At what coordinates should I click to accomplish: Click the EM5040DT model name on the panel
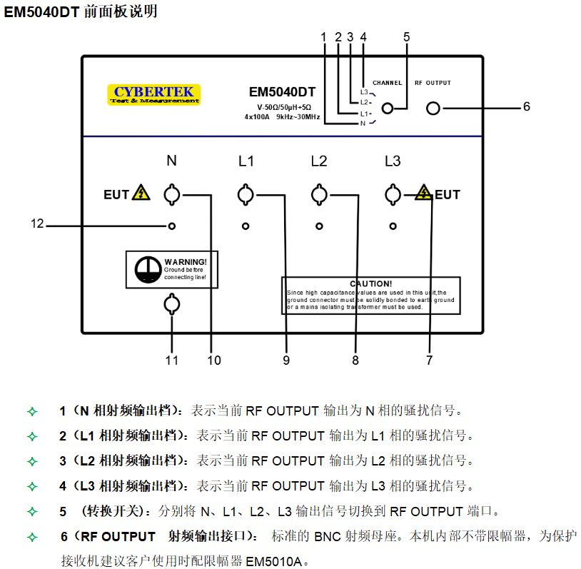282,92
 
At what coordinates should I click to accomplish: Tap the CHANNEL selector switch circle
388,109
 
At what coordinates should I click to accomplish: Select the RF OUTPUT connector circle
433,109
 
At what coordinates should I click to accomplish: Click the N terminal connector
171,194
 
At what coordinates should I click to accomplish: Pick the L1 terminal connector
246,194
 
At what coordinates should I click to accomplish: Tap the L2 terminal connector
319,194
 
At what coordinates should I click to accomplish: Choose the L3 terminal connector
392,194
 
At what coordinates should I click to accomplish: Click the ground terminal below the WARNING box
171,306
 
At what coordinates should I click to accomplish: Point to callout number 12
37,224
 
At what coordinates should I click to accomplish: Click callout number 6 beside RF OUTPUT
526,107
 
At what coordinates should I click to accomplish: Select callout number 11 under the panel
172,361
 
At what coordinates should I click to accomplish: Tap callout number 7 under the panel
429,361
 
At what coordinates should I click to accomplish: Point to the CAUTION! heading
370,283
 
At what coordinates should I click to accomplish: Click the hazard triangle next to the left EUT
141,193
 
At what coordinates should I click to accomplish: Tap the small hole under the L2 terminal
319,226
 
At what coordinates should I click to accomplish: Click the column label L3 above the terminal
392,161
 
